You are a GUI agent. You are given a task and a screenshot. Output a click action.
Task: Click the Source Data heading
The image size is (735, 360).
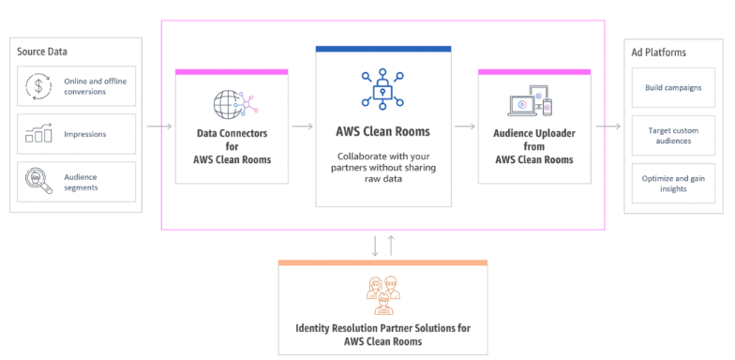click(x=42, y=51)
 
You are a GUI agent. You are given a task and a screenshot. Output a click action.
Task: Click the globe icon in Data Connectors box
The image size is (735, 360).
click(x=230, y=102)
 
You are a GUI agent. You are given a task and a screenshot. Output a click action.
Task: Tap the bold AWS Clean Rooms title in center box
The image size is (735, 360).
click(x=382, y=131)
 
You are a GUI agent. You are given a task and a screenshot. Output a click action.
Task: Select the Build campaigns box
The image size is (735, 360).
click(x=673, y=87)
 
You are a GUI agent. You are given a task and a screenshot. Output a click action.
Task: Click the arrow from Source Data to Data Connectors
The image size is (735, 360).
click(x=158, y=125)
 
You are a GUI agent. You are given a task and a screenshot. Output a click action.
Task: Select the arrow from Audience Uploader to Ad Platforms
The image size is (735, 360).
click(x=607, y=125)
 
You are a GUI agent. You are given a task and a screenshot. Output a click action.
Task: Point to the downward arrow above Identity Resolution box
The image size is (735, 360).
click(x=376, y=246)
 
